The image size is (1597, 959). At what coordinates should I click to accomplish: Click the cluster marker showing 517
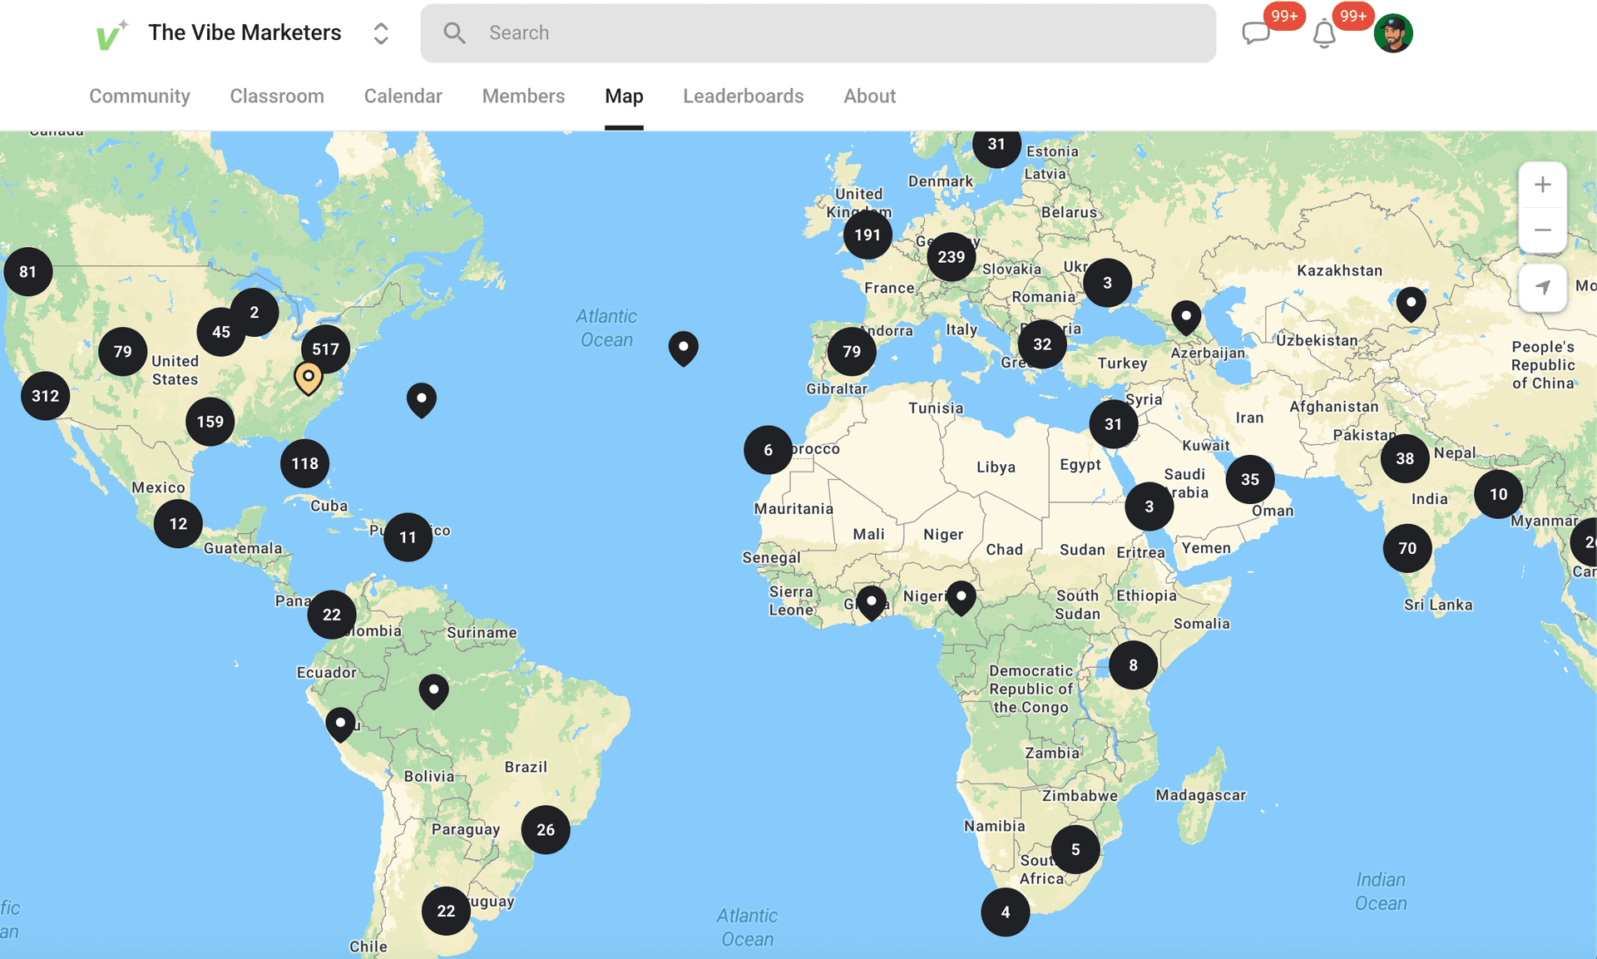(x=325, y=349)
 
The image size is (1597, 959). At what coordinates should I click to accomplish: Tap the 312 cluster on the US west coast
(x=45, y=396)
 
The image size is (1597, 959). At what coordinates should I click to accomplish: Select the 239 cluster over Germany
(x=951, y=257)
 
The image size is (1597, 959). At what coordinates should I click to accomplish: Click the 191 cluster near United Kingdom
(x=868, y=235)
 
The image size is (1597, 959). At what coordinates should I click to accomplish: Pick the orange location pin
(x=308, y=377)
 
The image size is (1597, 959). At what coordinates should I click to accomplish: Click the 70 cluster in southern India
(x=1407, y=548)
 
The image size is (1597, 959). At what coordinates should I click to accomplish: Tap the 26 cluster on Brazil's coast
(x=546, y=829)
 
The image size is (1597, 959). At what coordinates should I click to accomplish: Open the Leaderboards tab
(x=743, y=96)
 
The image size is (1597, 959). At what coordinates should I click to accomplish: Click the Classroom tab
(x=277, y=96)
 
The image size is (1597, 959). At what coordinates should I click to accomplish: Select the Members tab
(x=523, y=96)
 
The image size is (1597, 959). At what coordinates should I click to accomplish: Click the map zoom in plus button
(x=1542, y=185)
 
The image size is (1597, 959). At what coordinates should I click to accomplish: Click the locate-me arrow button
(x=1542, y=288)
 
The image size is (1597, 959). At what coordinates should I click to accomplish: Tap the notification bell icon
(x=1323, y=35)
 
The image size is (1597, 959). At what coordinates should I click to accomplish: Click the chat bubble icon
(x=1255, y=33)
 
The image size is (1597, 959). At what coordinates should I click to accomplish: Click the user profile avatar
(x=1393, y=33)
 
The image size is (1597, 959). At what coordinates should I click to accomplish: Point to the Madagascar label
(x=1200, y=795)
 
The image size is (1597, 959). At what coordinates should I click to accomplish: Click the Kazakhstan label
(x=1339, y=270)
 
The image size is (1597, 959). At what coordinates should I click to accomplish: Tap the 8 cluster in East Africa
(x=1133, y=665)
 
